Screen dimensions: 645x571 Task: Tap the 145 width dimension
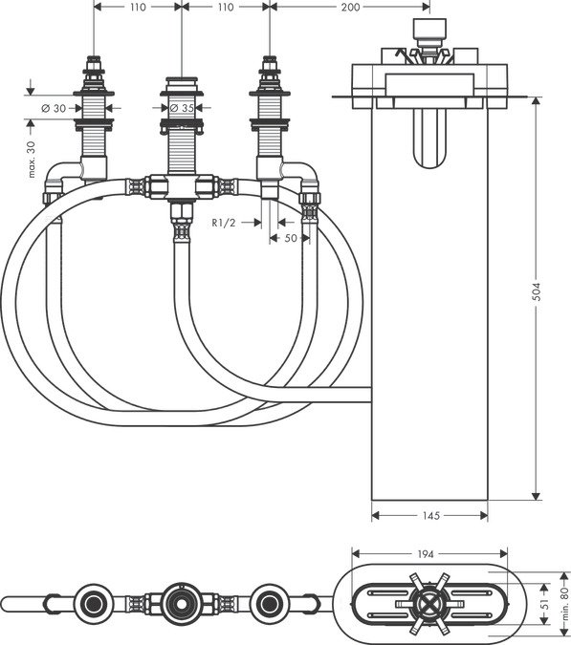[x=429, y=516]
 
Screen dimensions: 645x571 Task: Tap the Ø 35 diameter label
[x=182, y=108]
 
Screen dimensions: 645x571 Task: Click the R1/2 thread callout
[x=225, y=222]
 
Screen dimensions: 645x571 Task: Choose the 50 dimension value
[x=290, y=238]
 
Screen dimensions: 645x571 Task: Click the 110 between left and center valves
[x=139, y=7]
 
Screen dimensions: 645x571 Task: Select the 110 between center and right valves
[x=225, y=7]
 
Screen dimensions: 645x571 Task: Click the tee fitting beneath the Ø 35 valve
[x=181, y=185]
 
